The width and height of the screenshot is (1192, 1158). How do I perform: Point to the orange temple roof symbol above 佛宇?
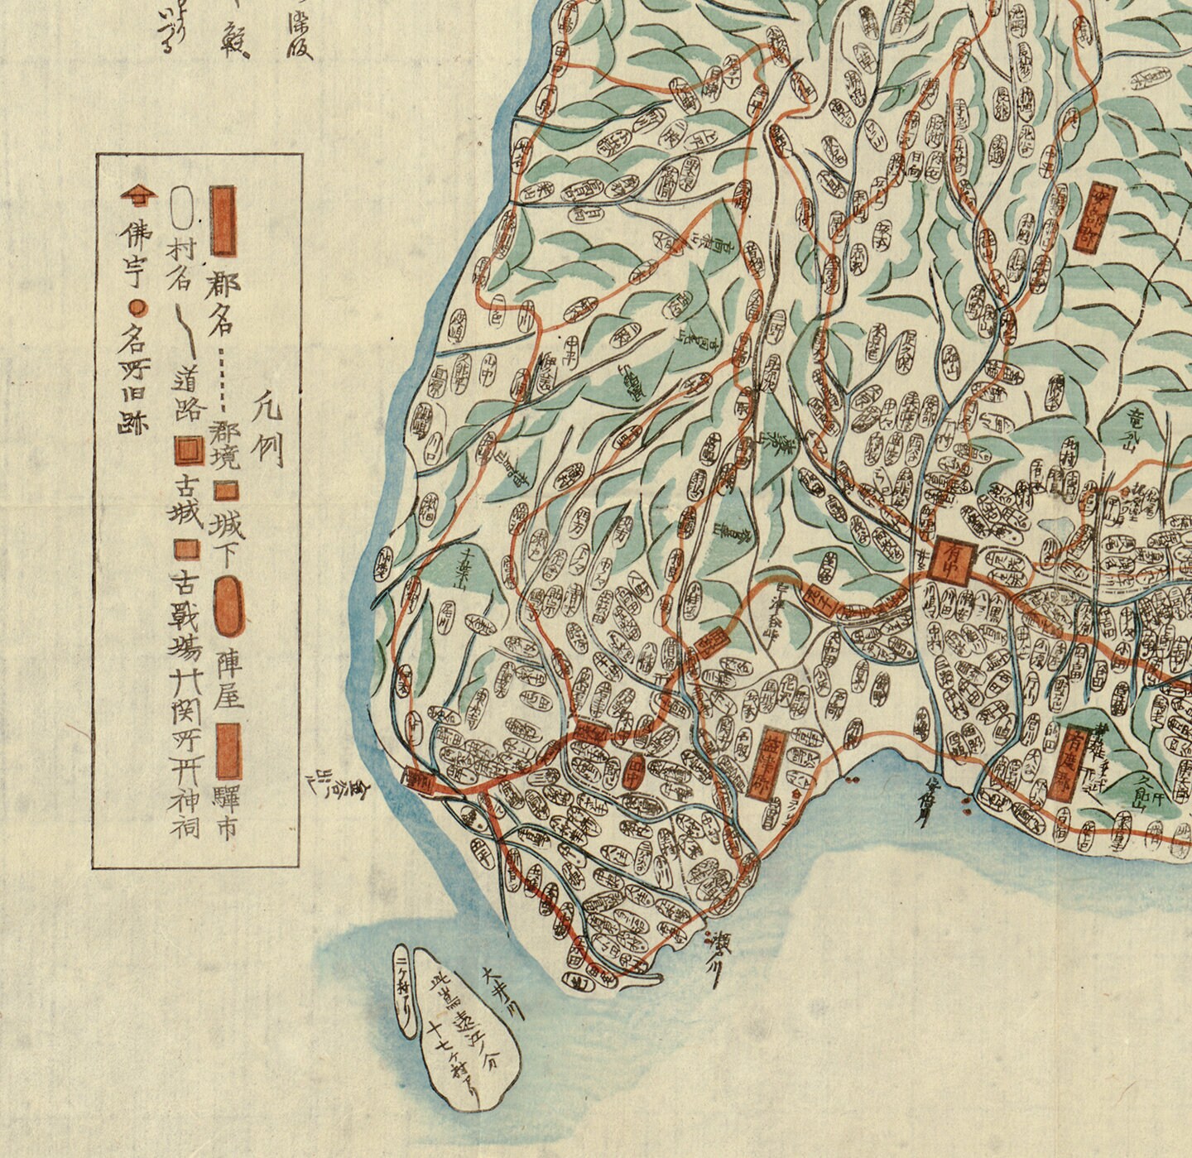coord(137,195)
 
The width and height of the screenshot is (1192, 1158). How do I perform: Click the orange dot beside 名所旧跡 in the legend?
coord(139,310)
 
